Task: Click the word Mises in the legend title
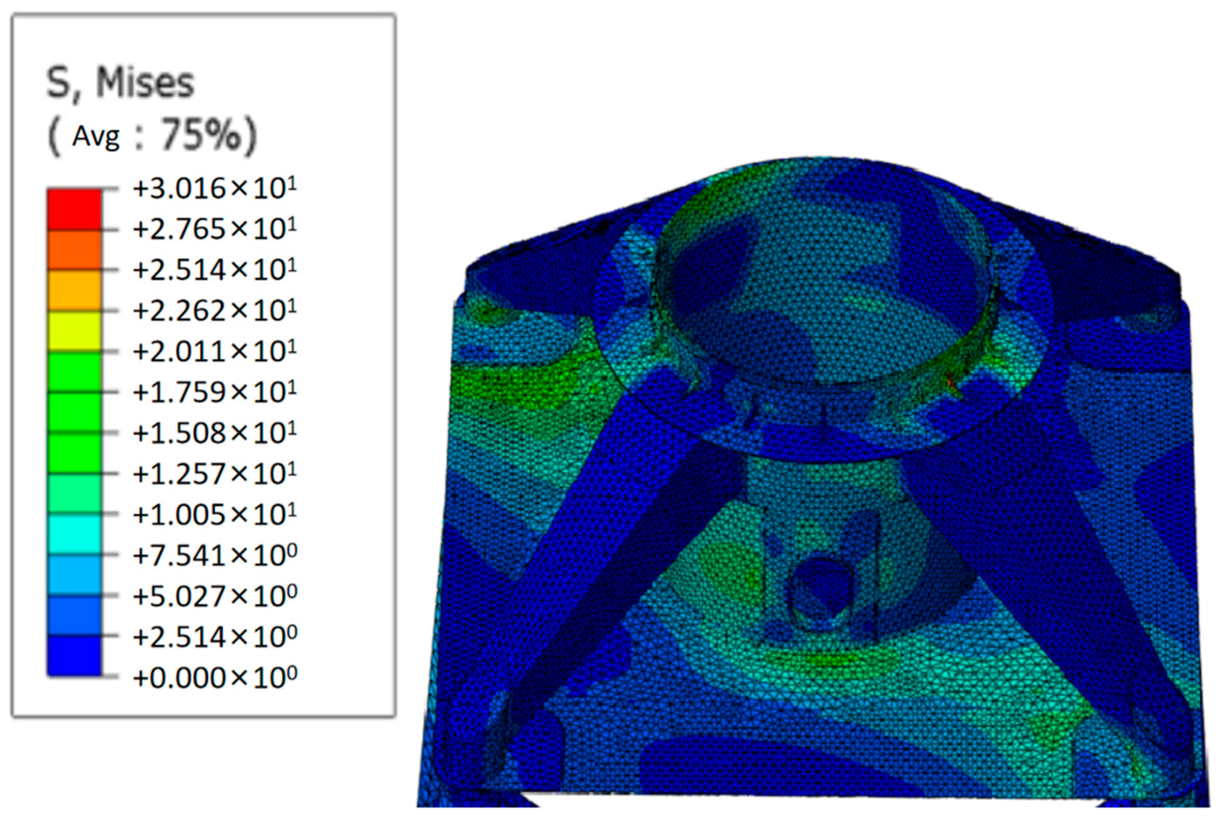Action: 145,83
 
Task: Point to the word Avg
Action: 96,137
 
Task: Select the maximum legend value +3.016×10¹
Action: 215,188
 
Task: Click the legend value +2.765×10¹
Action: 215,229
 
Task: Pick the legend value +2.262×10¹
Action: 215,310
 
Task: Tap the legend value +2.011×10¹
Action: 215,351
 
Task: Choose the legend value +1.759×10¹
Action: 215,392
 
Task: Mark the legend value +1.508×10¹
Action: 215,432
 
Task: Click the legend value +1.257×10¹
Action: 215,473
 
